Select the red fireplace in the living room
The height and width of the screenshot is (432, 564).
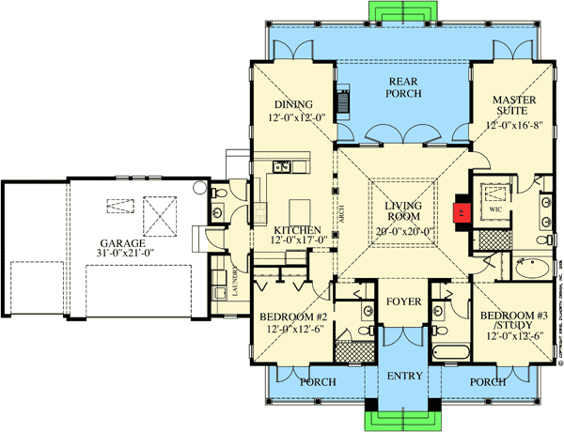click(462, 211)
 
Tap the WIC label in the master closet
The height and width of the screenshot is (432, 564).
click(495, 210)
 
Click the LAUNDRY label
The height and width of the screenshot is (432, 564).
click(237, 279)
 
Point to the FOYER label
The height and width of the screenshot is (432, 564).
click(401, 302)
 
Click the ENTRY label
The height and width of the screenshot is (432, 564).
click(402, 376)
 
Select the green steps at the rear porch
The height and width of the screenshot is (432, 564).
click(400, 10)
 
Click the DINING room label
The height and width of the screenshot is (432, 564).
click(292, 104)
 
